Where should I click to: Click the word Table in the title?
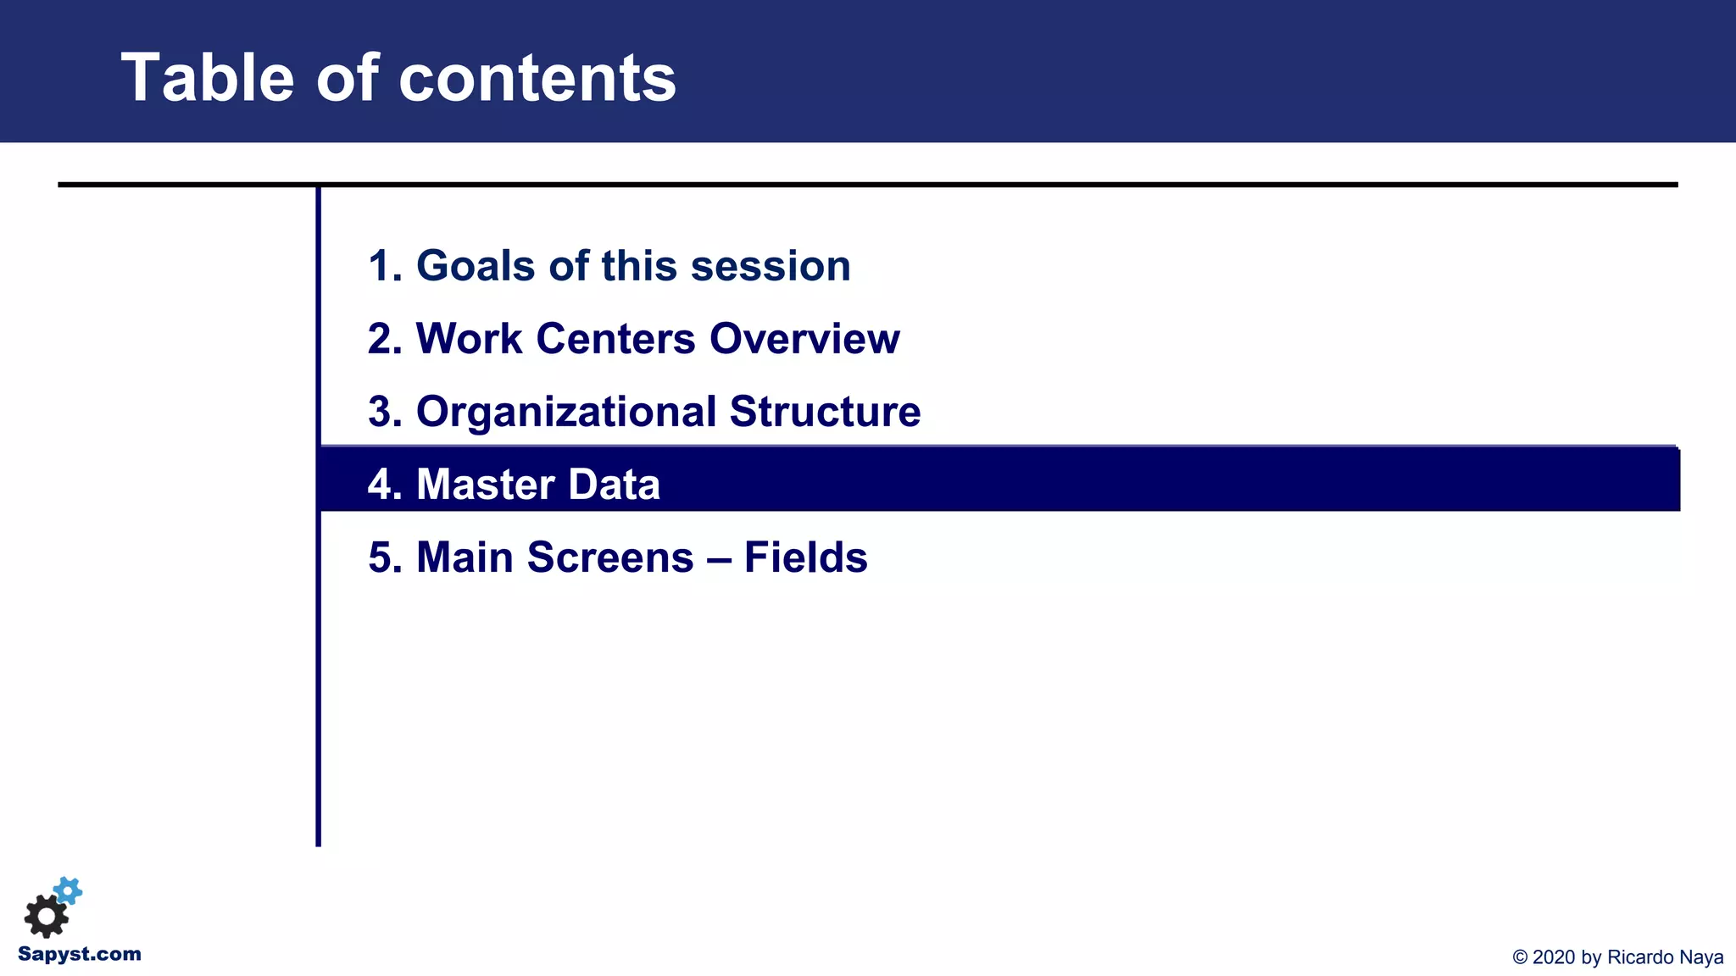coord(207,78)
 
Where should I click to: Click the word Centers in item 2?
coord(615,339)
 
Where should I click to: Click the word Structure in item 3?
coord(824,412)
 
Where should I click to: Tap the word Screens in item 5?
coord(609,557)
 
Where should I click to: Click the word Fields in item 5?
coord(805,557)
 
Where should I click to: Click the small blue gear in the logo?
coord(69,890)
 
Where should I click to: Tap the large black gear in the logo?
coord(46,916)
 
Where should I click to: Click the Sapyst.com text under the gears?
coord(80,954)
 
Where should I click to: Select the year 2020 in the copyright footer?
coord(1554,957)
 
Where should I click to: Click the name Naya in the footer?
coord(1701,957)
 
